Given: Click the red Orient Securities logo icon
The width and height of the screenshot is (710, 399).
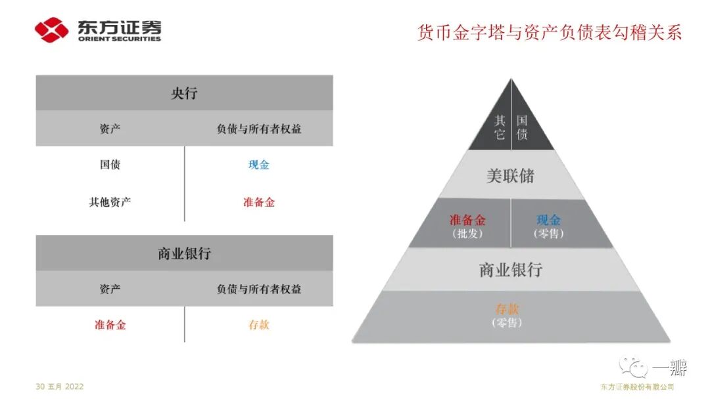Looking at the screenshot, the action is pos(52,30).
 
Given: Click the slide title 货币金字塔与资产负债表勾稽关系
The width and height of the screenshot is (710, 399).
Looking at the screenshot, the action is pos(550,32).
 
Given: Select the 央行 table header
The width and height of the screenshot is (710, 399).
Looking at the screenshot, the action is pos(184,93).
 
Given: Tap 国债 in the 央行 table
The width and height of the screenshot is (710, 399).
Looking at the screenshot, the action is pos(110,165).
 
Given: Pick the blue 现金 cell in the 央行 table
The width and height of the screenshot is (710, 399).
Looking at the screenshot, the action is pos(259,165).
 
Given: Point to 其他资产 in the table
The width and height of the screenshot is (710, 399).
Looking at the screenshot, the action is pos(110,202).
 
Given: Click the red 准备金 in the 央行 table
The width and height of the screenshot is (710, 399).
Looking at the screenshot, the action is pos(259,202).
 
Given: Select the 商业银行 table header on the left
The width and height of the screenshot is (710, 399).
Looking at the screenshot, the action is pos(184,253).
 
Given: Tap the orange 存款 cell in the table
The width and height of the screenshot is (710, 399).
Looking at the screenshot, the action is pos(259,325).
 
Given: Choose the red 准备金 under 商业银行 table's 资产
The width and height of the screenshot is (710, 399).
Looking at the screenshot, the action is pos(110,325).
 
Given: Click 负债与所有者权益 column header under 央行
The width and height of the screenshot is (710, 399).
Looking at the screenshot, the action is pos(259,129).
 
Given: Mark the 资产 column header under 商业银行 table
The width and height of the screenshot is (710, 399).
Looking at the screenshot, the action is pos(110,289).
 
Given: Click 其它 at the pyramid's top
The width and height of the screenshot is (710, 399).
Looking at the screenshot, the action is pos(500,127).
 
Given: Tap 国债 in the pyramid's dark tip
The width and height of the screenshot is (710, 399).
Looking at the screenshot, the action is pos(522,127).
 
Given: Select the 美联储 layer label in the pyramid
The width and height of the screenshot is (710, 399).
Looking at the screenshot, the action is pos(510,176).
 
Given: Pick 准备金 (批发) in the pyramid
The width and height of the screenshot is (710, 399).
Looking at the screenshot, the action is pos(467,226).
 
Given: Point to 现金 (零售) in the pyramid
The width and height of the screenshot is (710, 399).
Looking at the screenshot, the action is pos(549,226).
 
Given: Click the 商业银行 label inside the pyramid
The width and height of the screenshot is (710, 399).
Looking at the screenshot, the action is pos(510,270).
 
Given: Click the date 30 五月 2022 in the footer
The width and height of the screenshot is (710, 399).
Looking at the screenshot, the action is pos(60,387).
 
